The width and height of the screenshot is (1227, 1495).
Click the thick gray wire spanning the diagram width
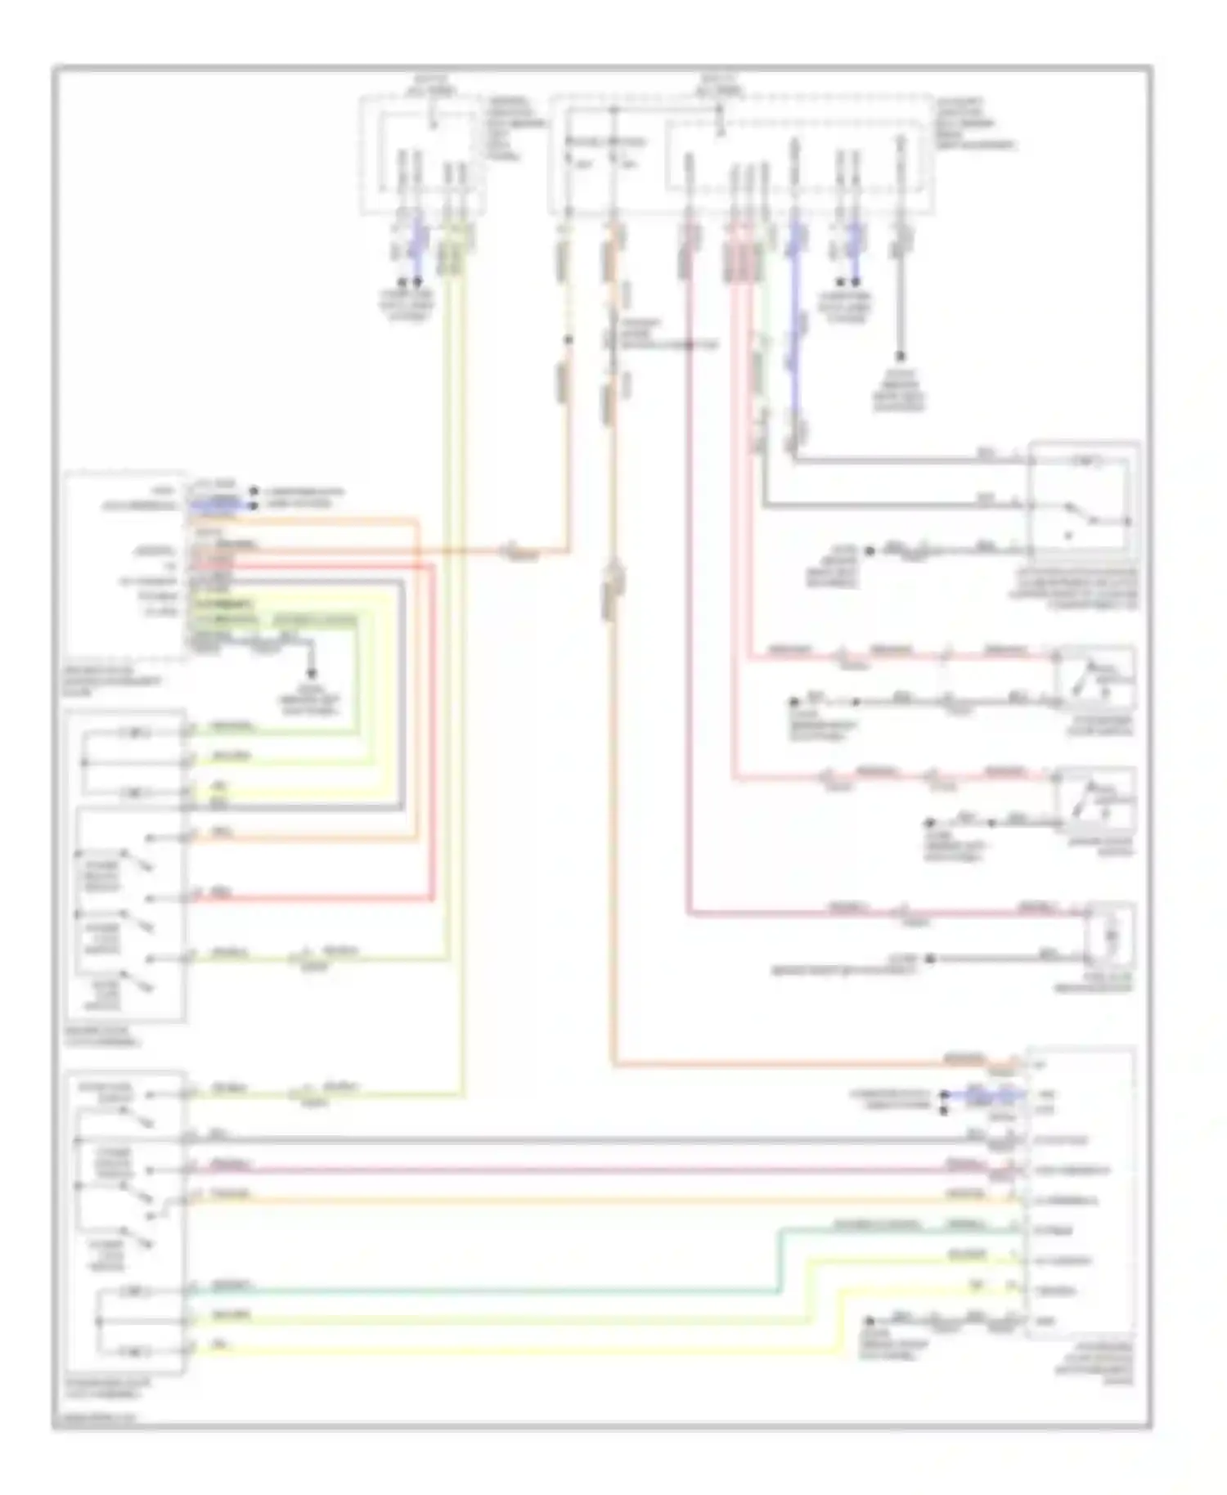tap(573, 1139)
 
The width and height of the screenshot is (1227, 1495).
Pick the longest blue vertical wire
tap(793, 343)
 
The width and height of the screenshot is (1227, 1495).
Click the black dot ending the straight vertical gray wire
tap(899, 357)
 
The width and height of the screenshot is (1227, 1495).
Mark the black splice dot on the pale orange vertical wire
tap(569, 339)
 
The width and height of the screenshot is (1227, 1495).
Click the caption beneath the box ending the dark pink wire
tap(1106, 984)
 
